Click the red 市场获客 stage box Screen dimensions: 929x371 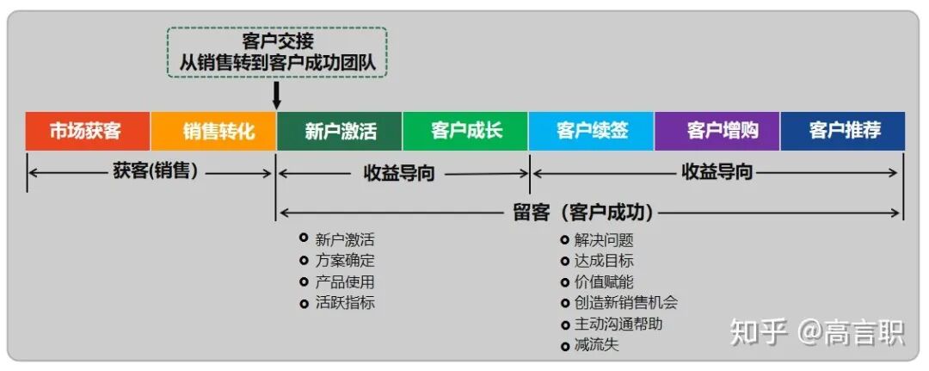[88, 132]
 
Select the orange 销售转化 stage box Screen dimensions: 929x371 [213, 132]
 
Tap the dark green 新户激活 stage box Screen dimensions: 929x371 [340, 132]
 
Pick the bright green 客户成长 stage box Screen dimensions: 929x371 [465, 132]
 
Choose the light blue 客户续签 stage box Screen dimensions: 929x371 [592, 132]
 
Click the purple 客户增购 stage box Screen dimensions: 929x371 [717, 132]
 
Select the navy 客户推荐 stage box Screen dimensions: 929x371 [843, 132]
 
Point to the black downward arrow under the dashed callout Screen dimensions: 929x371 [276, 94]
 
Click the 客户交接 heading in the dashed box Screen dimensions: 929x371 [277, 40]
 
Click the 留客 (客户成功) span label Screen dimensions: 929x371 [582, 212]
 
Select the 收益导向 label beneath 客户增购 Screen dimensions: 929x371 [717, 172]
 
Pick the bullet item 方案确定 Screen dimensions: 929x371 [344, 261]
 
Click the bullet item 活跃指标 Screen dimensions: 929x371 [344, 302]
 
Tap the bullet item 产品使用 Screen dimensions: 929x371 [344, 281]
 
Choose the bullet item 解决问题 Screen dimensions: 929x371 [603, 240]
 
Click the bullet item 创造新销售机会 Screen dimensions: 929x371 [625, 302]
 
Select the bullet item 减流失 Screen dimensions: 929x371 [596, 345]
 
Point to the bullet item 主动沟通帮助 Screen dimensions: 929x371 [618, 324]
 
